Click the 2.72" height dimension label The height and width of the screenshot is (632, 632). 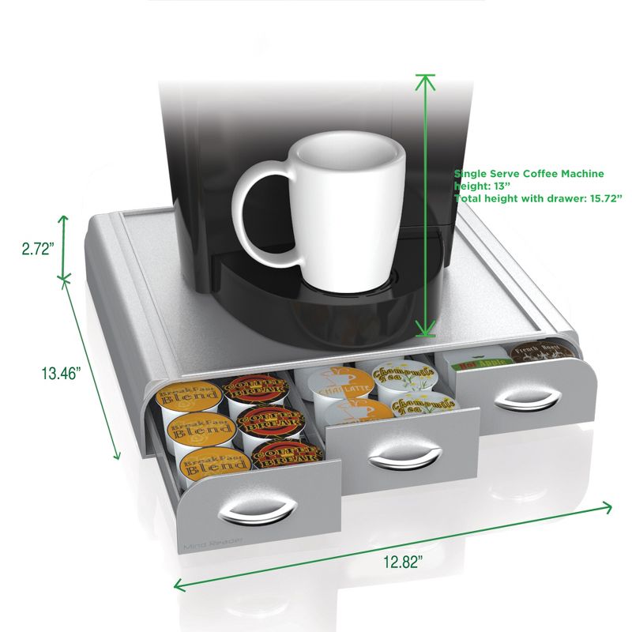pos(37,248)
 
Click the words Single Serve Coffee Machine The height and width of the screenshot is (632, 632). pos(529,173)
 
